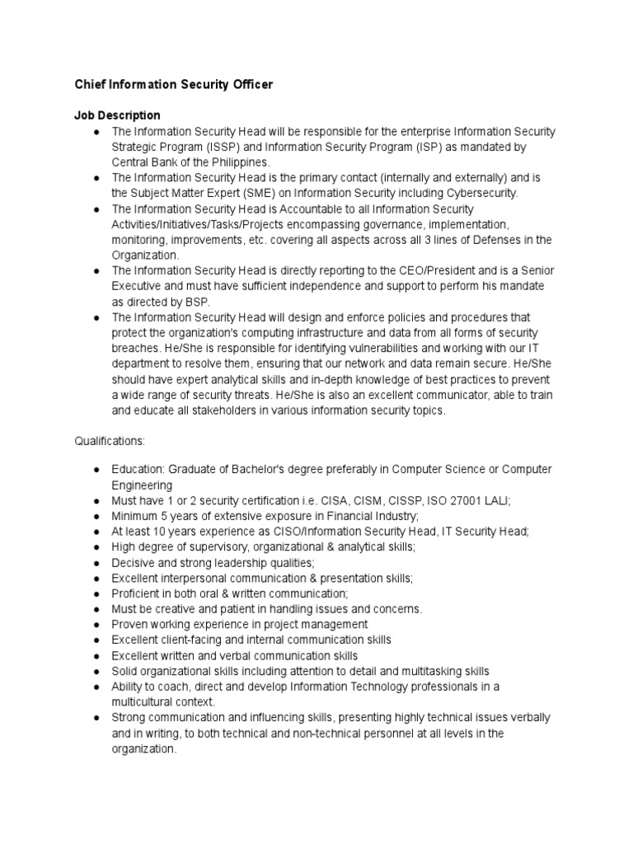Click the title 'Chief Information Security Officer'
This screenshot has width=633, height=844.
(174, 85)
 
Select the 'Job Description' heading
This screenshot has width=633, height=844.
(118, 115)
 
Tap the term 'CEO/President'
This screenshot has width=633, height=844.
(395, 270)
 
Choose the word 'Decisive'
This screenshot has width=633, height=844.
(135, 563)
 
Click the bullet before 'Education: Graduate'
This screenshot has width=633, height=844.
(96, 470)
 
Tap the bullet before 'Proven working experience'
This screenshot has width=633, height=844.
(96, 625)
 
